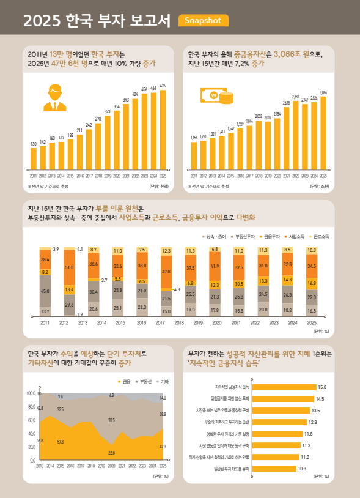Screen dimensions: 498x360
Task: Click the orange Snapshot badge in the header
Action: tap(203, 21)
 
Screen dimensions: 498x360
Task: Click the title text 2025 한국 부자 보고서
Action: tap(97, 21)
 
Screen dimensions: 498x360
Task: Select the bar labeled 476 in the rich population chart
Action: tap(163, 128)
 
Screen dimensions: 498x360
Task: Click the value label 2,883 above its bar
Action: tap(295, 97)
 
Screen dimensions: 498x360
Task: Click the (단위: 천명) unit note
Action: tap(158, 185)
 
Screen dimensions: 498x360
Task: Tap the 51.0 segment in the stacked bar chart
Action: tap(69, 267)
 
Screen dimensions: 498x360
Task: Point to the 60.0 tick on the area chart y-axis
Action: tap(31, 420)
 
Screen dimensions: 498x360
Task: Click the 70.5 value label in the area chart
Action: tap(111, 420)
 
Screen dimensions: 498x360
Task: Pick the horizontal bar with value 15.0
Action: tap(283, 387)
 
